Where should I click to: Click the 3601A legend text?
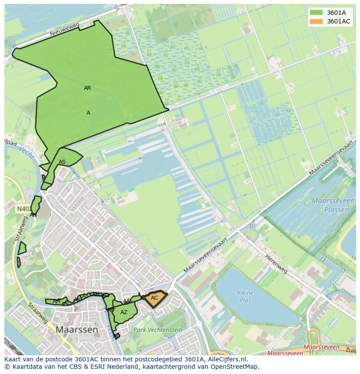point(336,13)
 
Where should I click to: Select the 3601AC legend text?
point(338,21)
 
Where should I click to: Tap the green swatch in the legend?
point(317,13)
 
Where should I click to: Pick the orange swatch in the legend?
point(317,21)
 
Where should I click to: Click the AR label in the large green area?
point(87,88)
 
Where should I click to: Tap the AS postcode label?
point(62,162)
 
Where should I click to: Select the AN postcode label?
point(33,215)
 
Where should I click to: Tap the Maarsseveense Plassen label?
point(330,205)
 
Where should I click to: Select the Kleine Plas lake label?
point(245,296)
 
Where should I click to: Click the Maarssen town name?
point(77,330)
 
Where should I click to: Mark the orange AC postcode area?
point(154,298)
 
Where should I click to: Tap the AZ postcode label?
point(124,312)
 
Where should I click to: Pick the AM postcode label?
point(57,301)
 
